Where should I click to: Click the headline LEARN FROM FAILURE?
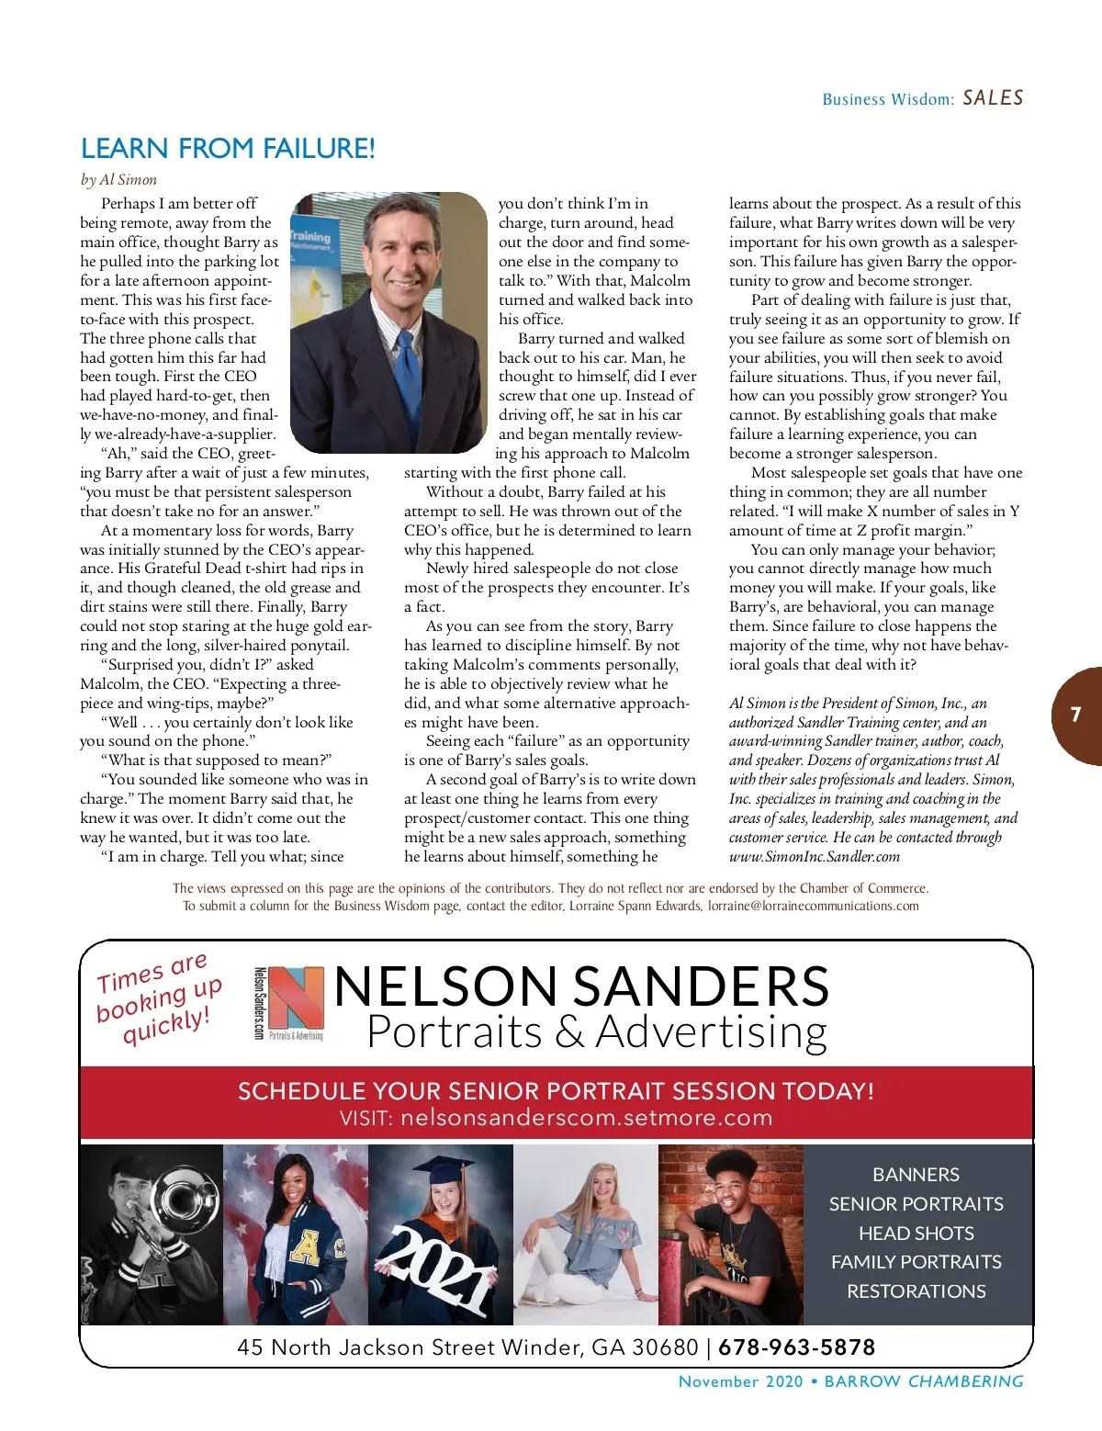(x=228, y=148)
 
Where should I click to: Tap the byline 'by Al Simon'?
(x=118, y=179)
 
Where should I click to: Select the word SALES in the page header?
(x=993, y=97)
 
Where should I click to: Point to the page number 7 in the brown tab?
(x=1075, y=715)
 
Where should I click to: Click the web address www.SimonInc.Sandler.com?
(x=814, y=856)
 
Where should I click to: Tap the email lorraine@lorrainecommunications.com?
(x=813, y=906)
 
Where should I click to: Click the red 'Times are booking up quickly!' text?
(x=158, y=999)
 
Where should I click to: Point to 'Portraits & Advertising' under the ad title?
(x=596, y=1031)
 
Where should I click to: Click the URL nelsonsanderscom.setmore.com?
(x=586, y=1118)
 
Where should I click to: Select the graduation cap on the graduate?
(x=442, y=1170)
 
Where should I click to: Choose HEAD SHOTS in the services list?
(x=916, y=1233)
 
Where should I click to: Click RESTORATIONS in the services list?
(x=916, y=1290)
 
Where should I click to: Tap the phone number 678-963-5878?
(x=796, y=1347)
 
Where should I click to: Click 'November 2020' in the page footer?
(x=740, y=1381)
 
